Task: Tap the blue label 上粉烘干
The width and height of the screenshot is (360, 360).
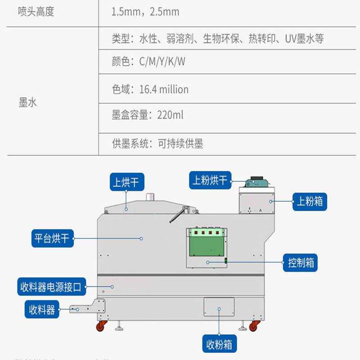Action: [x=210, y=180]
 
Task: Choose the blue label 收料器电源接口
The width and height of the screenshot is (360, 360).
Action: [x=51, y=287]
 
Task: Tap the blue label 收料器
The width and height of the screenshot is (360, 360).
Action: [x=42, y=310]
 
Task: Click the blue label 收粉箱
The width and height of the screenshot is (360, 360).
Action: [x=219, y=344]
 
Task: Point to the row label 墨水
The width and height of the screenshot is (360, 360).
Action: [x=28, y=103]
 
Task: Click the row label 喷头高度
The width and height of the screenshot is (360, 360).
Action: [x=36, y=12]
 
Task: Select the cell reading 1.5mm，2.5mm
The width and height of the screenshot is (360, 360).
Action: [x=145, y=12]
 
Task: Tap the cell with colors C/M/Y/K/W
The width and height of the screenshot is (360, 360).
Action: [x=148, y=62]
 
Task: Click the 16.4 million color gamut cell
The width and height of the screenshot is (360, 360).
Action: [x=150, y=89]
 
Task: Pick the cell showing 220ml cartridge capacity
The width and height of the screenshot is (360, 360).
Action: [x=148, y=115]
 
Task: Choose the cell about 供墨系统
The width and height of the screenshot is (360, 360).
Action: [x=157, y=144]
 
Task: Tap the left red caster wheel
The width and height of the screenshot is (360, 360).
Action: [x=102, y=325]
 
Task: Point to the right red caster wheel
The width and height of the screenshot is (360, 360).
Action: [x=255, y=325]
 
